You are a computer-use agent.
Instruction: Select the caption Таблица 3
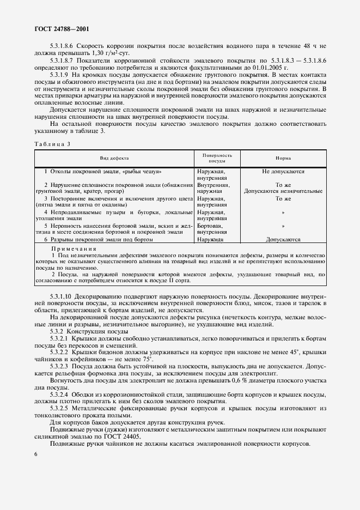[x=52, y=144]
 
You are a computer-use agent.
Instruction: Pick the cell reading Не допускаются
[x=283, y=172]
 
